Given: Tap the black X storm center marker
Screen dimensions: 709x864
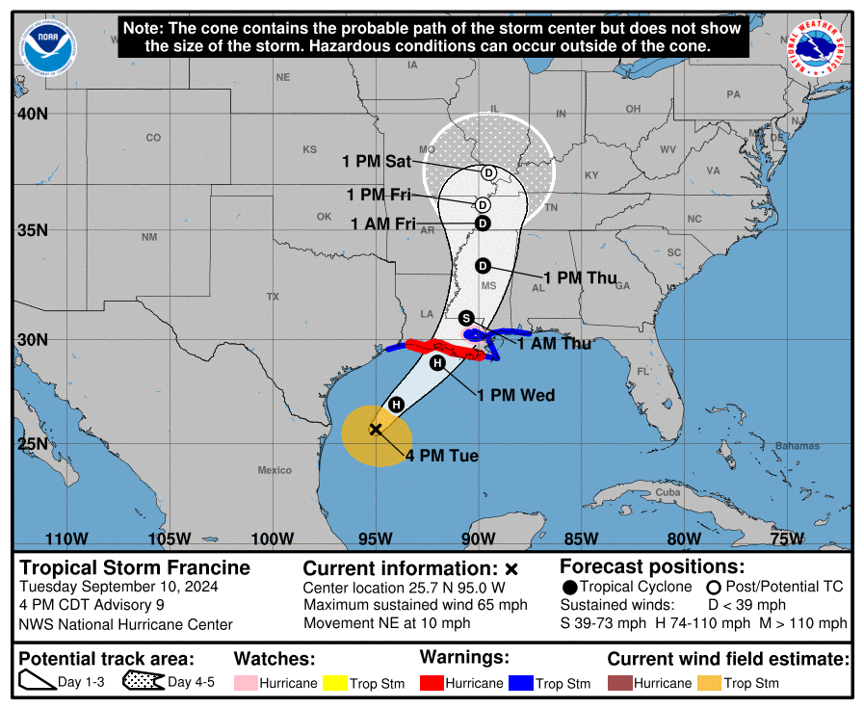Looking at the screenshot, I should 376,430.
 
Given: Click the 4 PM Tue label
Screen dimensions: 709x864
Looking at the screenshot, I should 441,456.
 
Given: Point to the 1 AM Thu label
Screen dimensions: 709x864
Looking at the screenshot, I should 554,344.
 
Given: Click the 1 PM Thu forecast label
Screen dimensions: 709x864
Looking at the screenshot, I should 580,277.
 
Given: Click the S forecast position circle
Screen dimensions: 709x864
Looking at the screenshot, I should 466,318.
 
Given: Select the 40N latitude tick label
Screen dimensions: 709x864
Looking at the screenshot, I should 32,114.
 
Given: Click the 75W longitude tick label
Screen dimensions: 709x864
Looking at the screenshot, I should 787,538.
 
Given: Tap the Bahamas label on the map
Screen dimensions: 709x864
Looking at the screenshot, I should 797,446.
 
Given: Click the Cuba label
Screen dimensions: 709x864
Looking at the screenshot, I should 668,491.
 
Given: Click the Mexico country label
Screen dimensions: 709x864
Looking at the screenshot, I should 274,470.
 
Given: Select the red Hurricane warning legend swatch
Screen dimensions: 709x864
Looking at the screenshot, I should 431,683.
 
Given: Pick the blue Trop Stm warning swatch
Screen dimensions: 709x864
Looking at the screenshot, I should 521,683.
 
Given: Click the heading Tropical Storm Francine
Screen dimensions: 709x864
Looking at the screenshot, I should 135,567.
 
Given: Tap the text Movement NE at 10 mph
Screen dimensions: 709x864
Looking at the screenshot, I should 386,622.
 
